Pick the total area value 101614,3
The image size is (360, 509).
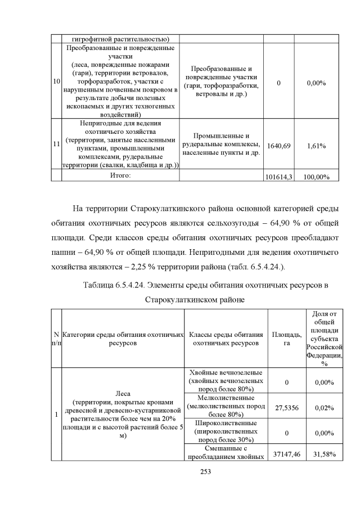coord(279,177)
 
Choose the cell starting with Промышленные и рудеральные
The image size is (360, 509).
coord(222,145)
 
